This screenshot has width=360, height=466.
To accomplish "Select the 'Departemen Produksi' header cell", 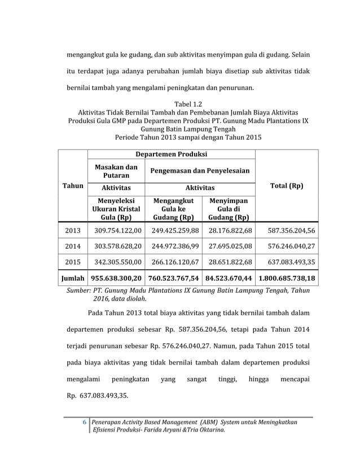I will pos(172,154).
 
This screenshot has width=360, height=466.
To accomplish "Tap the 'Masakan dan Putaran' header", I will pos(116,171).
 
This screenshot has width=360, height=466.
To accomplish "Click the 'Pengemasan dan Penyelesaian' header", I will pos(200,171).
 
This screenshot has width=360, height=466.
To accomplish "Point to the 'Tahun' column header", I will pos(73,186).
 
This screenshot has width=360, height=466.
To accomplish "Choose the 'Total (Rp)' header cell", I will pos(286,186).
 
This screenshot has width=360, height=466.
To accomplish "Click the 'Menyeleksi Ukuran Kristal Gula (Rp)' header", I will pos(116,209).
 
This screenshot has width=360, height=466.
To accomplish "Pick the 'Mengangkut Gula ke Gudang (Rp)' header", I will pos(173,209).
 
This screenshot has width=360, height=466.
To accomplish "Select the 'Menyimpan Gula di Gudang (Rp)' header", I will pos(229,209).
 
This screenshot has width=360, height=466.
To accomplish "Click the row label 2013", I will pos(73,230).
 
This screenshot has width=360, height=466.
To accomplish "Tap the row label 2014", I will pos(73,247).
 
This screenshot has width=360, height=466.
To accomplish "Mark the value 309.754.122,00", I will pos(116,230).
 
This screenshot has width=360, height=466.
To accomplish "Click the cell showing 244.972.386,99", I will pos(173,247).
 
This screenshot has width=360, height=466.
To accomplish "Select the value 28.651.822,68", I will pos(229,262).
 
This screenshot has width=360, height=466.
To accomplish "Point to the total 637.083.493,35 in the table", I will pos(286,262).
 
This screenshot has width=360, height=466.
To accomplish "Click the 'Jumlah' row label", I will pos(73,278).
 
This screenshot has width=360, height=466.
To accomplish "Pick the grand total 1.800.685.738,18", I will pos(286,278).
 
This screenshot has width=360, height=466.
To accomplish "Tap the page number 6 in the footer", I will pos(85,422).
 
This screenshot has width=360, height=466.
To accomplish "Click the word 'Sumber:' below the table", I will pos(80,290).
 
